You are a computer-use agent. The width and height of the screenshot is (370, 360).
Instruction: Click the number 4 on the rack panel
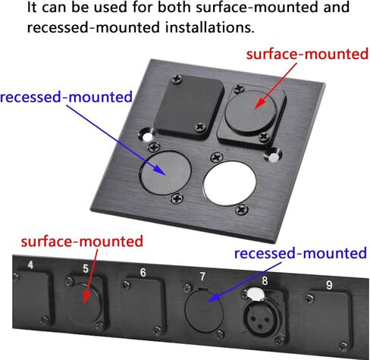click(x=30, y=265)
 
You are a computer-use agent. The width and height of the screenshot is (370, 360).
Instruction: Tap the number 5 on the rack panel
click(x=86, y=269)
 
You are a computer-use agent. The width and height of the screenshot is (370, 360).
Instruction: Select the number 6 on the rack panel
click(x=143, y=273)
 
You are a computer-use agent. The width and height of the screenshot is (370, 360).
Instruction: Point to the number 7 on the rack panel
click(x=202, y=277)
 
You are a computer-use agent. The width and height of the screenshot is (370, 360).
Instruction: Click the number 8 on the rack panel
click(x=265, y=280)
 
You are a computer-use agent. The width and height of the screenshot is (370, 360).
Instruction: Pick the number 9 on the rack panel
click(x=329, y=285)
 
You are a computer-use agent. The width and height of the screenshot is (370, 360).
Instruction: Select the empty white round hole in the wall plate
click(x=229, y=183)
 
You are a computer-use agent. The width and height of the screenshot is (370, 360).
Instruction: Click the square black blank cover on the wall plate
click(x=189, y=108)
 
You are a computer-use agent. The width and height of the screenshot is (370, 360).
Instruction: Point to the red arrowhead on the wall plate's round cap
click(x=259, y=103)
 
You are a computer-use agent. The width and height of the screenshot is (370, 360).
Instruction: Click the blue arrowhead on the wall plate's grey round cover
click(x=160, y=170)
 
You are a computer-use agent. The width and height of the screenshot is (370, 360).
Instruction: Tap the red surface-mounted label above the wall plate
click(x=307, y=55)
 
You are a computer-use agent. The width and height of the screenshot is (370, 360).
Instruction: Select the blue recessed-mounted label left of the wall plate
click(x=66, y=97)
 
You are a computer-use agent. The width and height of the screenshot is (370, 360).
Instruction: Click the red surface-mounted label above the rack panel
click(x=82, y=241)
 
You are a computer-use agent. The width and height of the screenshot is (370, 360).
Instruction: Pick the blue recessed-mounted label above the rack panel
click(x=300, y=253)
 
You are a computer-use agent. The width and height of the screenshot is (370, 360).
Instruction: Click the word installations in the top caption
click(x=210, y=27)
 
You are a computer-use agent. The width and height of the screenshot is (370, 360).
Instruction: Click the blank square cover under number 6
click(x=143, y=305)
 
